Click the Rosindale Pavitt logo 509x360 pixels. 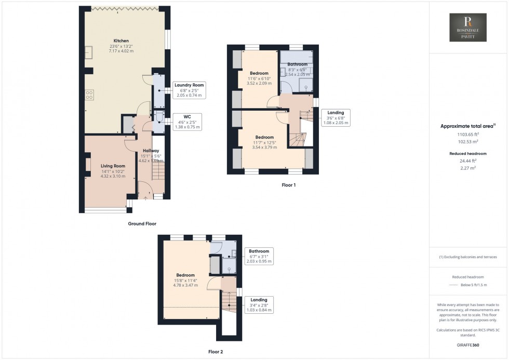point(468,28)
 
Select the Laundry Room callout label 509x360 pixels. point(189,90)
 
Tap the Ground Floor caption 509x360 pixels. point(142,224)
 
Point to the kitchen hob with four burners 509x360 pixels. point(89,95)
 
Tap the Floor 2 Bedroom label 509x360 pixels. point(185,280)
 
